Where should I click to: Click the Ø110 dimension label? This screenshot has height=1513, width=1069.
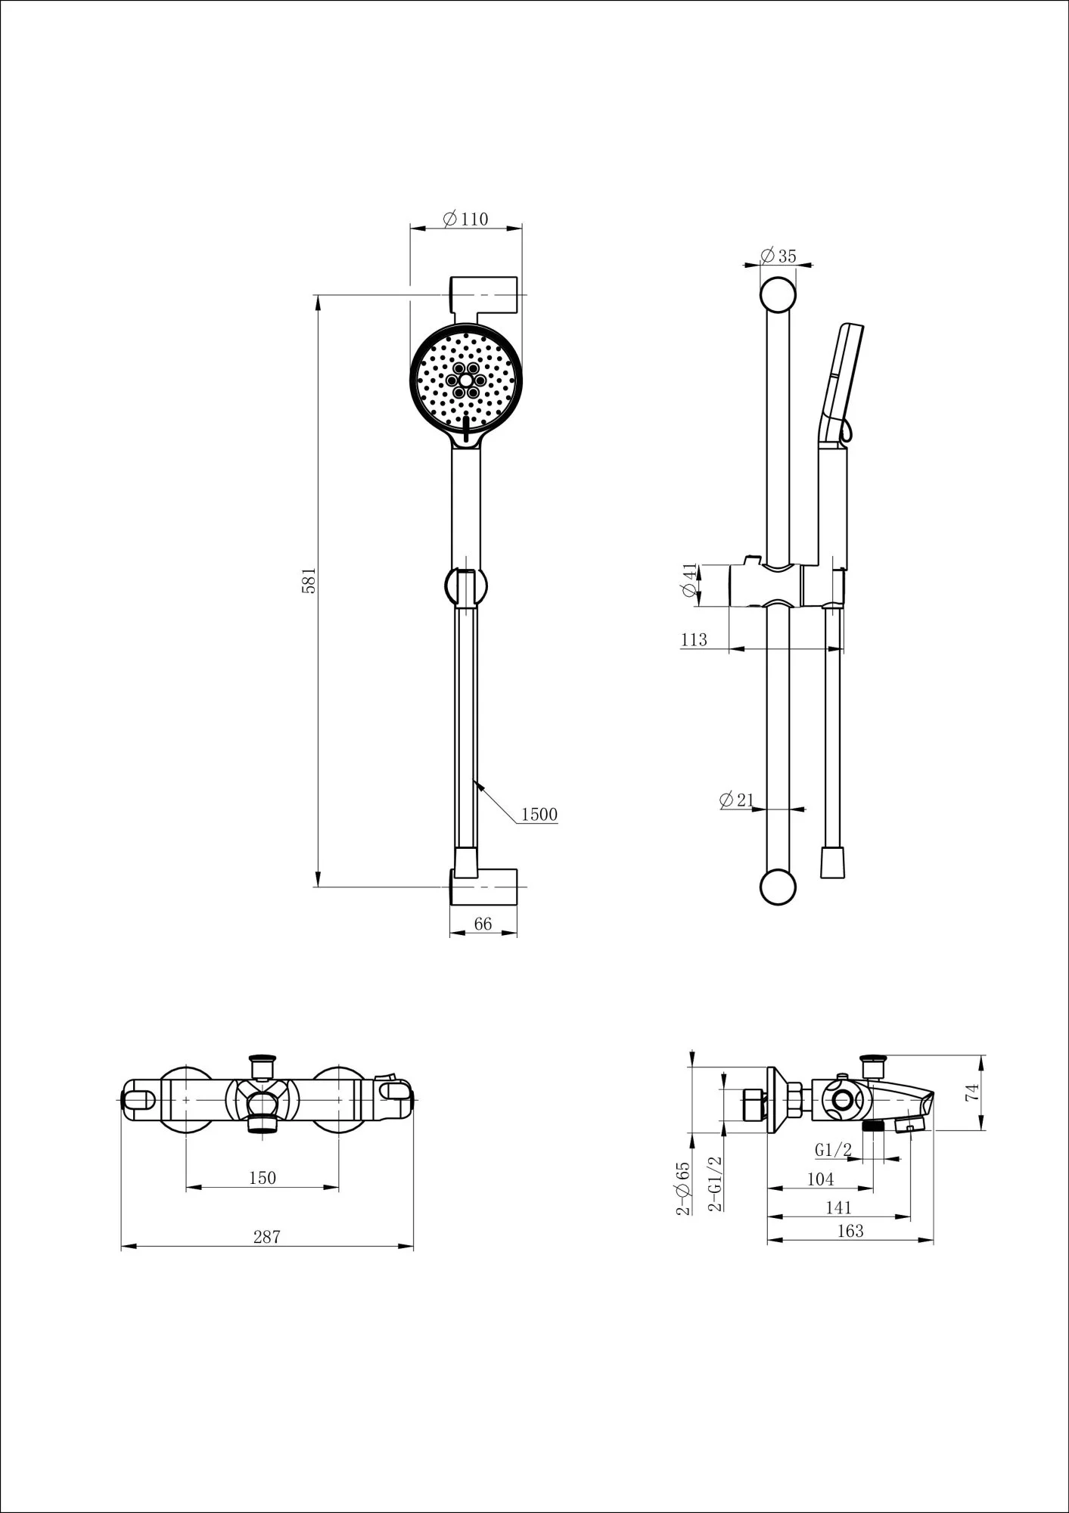pyautogui.click(x=466, y=219)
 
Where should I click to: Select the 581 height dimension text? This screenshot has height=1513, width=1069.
pyautogui.click(x=309, y=580)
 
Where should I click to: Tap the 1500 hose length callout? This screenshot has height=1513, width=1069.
pyautogui.click(x=539, y=815)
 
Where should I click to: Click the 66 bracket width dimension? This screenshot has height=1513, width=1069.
pyautogui.click(x=483, y=924)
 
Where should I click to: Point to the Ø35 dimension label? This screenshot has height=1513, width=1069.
pyautogui.click(x=778, y=256)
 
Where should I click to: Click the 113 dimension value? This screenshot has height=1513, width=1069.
pyautogui.click(x=694, y=640)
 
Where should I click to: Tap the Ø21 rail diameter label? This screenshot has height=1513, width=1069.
pyautogui.click(x=737, y=800)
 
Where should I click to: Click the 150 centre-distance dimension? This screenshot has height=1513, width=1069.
pyautogui.click(x=263, y=1178)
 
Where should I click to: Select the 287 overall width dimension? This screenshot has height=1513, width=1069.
pyautogui.click(x=266, y=1237)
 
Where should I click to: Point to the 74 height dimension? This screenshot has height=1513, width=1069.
pyautogui.click(x=973, y=1092)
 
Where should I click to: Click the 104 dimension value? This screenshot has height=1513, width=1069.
pyautogui.click(x=820, y=1179)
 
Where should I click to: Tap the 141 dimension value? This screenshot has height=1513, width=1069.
pyautogui.click(x=838, y=1208)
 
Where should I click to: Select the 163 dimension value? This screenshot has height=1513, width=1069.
pyautogui.click(x=850, y=1231)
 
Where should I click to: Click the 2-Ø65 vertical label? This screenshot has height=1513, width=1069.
pyautogui.click(x=684, y=1188)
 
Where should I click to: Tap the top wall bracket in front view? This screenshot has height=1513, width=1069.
pyautogui.click(x=484, y=297)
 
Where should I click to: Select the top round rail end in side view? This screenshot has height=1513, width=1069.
pyautogui.click(x=778, y=296)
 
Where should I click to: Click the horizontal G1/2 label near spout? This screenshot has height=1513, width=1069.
pyautogui.click(x=834, y=1150)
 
